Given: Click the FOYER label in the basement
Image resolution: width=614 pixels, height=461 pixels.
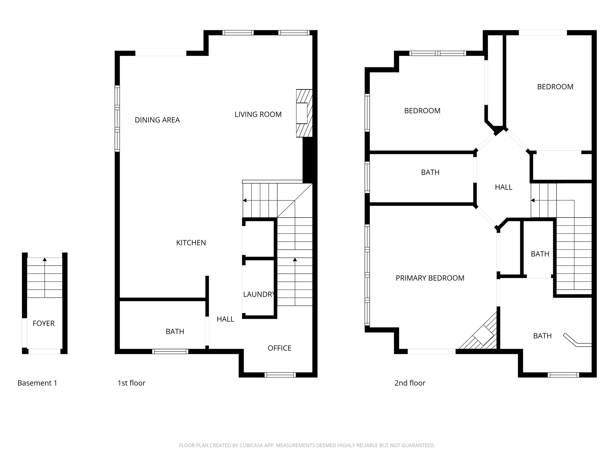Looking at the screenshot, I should (43, 323).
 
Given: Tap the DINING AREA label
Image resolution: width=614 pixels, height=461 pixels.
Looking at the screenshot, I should (157, 120).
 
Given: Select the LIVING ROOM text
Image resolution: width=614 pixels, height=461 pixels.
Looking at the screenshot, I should (258, 114).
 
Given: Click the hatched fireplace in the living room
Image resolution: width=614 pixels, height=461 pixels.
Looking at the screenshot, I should (303, 113).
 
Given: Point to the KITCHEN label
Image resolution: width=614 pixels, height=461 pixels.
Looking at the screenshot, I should (191, 243).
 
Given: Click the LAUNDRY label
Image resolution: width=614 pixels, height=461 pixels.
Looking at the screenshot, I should (258, 294).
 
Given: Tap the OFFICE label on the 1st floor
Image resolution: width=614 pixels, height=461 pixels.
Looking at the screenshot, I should (279, 348).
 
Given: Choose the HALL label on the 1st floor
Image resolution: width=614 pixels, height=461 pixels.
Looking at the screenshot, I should (225, 319).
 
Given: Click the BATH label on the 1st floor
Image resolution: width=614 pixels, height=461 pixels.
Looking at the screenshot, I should (175, 331).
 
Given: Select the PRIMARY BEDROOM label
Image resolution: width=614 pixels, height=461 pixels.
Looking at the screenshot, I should (430, 278).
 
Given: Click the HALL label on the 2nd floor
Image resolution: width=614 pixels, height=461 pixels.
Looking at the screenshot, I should (503, 187).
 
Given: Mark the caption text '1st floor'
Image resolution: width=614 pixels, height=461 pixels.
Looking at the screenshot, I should (131, 383).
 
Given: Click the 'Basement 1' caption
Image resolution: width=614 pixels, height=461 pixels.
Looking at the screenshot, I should (37, 383).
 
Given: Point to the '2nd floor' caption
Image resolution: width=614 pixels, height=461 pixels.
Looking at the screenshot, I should (410, 383).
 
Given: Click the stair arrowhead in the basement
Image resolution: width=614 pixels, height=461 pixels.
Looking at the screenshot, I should (45, 259).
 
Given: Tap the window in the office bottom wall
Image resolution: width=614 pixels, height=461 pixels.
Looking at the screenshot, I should (280, 375).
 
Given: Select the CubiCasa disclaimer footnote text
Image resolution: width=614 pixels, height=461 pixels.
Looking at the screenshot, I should (307, 445).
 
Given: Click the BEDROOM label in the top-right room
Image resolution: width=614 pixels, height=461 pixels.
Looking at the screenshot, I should (555, 87).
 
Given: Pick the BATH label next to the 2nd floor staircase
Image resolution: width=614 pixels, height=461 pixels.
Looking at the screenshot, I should (540, 254).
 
